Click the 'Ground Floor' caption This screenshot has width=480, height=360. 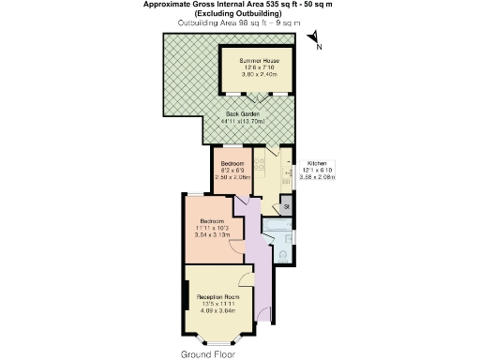pos(208,354)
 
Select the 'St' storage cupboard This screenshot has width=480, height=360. pos(286,205)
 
